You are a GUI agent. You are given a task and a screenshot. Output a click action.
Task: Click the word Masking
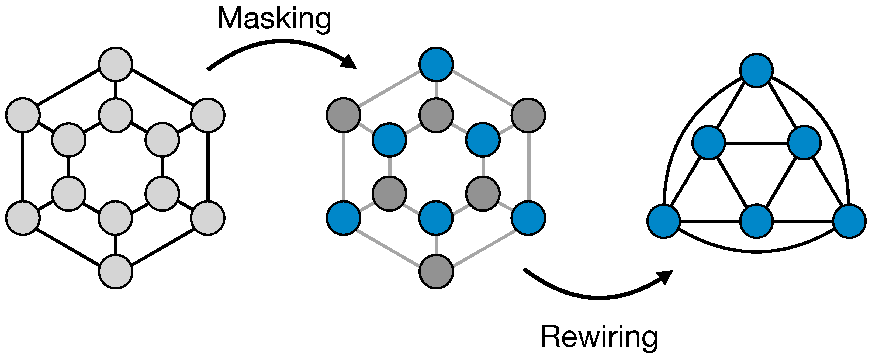pyautogui.click(x=274, y=19)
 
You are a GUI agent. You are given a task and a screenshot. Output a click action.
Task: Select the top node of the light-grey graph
pyautogui.click(x=115, y=64)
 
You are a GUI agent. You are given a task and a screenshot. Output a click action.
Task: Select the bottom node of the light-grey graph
pyautogui.click(x=115, y=272)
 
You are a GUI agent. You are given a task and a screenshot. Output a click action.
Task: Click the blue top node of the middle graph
pyautogui.click(x=436, y=64)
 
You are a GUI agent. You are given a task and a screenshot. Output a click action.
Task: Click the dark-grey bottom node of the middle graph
pyautogui.click(x=436, y=272)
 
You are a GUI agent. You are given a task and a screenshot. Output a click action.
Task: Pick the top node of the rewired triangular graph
pyautogui.click(x=756, y=70)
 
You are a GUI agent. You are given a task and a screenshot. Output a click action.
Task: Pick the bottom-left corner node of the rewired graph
pyautogui.click(x=663, y=221)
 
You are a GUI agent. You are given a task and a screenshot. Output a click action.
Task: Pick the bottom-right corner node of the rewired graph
pyautogui.click(x=849, y=221)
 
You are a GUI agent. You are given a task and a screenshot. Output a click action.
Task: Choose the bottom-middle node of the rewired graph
pyautogui.click(x=756, y=221)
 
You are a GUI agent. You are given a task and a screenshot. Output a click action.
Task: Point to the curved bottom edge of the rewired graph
pyautogui.click(x=756, y=252)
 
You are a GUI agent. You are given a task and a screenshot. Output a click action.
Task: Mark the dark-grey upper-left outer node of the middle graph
pyautogui.click(x=343, y=115)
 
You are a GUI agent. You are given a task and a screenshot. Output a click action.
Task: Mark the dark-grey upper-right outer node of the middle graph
pyautogui.click(x=528, y=115)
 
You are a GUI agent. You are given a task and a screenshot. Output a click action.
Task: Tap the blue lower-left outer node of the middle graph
pyautogui.click(x=343, y=218)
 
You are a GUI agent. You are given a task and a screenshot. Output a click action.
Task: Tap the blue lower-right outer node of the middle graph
pyautogui.click(x=528, y=218)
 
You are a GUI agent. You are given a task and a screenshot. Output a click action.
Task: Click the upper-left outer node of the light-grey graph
pyautogui.click(x=23, y=115)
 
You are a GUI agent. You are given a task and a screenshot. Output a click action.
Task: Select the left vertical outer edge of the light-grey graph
pyautogui.click(x=23, y=167)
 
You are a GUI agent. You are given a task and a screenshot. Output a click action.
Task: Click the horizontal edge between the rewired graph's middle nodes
pyautogui.click(x=756, y=143)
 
